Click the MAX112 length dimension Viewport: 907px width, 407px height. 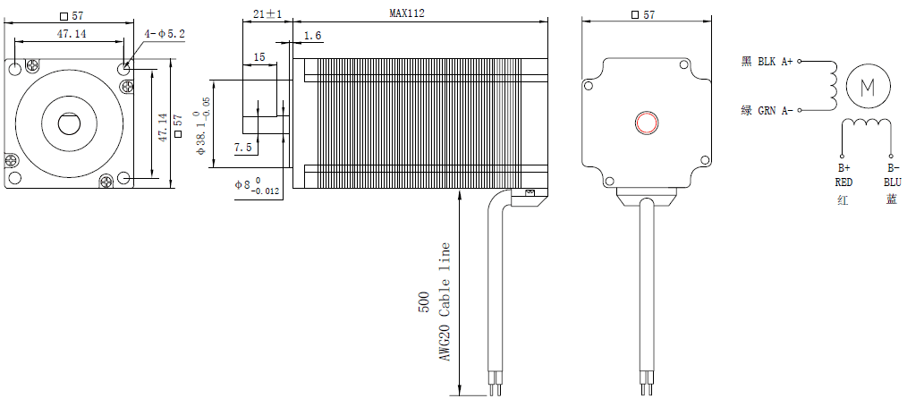coord(406,13)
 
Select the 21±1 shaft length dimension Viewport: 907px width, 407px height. coord(267,13)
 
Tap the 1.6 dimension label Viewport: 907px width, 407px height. coord(312,36)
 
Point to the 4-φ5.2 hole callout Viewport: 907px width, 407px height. coord(165,34)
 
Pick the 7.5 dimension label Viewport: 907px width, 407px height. coord(242,148)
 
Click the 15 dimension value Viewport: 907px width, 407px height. coord(259,57)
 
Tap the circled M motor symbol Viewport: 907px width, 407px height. coord(866,87)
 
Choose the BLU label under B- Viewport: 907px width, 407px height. coord(892,182)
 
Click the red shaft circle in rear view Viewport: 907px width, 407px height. coord(645,123)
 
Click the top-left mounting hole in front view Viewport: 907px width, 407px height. coord(16,69)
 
